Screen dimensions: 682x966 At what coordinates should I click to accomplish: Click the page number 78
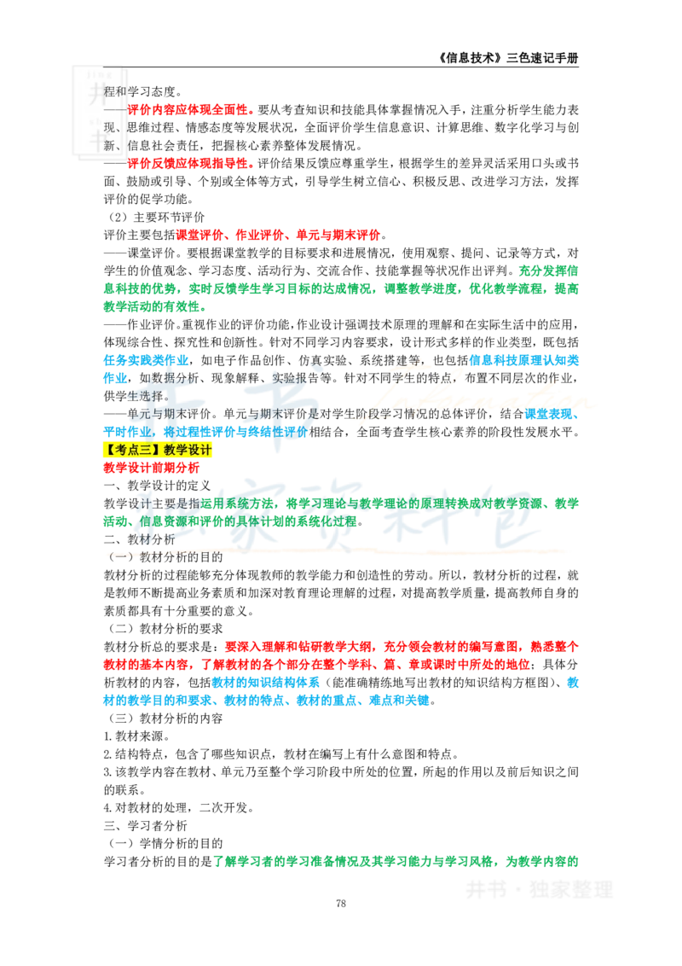(x=341, y=903)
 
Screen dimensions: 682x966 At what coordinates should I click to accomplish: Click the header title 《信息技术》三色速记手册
(x=508, y=58)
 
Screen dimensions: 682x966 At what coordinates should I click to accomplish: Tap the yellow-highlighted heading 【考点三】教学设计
(x=158, y=450)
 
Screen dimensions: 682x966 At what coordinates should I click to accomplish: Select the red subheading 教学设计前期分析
(x=152, y=468)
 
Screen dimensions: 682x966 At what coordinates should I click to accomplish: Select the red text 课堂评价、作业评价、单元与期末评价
(x=278, y=235)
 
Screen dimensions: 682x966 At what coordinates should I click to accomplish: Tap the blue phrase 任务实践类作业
(x=146, y=360)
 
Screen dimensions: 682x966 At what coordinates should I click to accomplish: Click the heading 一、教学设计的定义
(x=157, y=486)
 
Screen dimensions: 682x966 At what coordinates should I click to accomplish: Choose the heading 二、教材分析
(x=139, y=539)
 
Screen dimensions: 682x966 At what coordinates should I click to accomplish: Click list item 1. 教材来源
(x=136, y=736)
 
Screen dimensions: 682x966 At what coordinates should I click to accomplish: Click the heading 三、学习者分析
(x=145, y=825)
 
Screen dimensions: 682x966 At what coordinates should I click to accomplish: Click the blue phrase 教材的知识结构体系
(x=266, y=682)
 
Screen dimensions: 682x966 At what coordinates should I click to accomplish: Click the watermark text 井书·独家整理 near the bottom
(x=539, y=889)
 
